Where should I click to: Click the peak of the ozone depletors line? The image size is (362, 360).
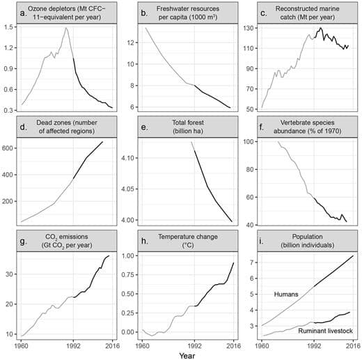click(65, 28)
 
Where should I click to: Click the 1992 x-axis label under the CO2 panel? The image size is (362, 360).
click(74, 344)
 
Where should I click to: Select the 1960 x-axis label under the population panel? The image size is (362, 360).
click(262, 344)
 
